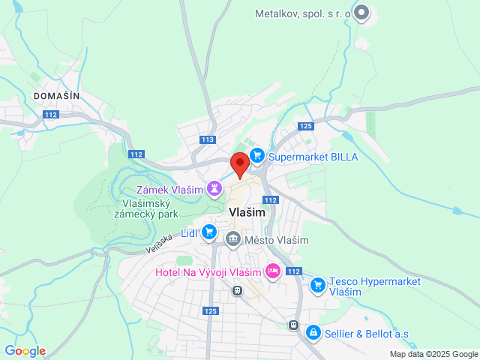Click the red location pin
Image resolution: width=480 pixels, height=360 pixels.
[x=239, y=163]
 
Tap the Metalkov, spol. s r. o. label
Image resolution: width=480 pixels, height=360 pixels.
[x=302, y=13]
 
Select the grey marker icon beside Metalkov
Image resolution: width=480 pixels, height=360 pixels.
[x=362, y=12]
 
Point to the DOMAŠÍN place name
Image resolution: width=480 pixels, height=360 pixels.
[x=56, y=95]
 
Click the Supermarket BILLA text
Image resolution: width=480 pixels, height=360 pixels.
[x=313, y=157]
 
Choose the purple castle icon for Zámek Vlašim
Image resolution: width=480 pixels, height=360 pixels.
[x=214, y=189]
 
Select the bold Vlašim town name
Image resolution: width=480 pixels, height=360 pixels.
[x=246, y=213]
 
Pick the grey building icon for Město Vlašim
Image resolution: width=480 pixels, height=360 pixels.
[x=233, y=239]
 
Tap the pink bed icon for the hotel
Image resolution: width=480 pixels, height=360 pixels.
[x=273, y=271]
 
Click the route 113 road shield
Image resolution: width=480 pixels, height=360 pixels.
[x=208, y=139]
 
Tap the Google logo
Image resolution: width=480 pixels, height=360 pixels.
[x=25, y=351]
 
